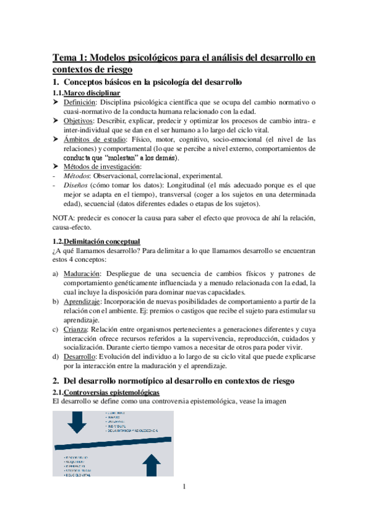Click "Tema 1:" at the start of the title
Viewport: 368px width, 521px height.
[71, 58]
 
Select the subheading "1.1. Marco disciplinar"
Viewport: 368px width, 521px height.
[86, 93]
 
